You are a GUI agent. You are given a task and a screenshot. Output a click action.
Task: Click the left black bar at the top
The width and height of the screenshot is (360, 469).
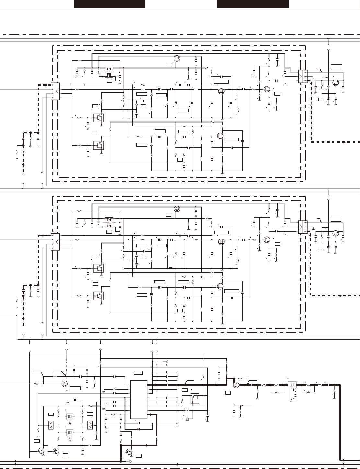(x=109, y=4)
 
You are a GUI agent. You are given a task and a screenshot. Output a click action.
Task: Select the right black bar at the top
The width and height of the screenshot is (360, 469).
(x=252, y=4)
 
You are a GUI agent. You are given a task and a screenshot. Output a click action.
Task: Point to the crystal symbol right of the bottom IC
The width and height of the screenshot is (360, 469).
(x=187, y=419)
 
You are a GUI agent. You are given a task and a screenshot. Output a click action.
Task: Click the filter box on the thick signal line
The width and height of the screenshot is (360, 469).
(x=292, y=385)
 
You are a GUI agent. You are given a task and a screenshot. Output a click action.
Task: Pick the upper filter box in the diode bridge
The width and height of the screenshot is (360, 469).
(x=70, y=417)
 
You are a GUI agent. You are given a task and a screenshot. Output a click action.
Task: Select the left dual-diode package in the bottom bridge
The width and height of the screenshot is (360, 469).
(x=51, y=425)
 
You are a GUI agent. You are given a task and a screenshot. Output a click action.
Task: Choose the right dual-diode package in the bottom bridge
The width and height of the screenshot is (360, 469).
(x=90, y=425)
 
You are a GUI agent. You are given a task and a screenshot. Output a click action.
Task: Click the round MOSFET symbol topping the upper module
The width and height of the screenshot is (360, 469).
(x=177, y=59)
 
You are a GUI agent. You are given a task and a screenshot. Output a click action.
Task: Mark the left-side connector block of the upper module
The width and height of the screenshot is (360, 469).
(x=55, y=91)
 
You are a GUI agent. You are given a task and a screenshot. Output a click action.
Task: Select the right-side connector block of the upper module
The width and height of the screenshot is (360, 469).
(x=303, y=77)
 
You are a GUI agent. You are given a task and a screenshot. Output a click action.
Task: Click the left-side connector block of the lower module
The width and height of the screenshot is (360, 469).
(x=55, y=242)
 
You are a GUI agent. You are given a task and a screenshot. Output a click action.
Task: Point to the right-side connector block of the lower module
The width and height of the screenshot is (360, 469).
(x=303, y=227)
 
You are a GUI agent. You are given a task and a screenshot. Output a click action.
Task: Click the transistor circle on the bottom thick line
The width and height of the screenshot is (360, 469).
(x=236, y=385)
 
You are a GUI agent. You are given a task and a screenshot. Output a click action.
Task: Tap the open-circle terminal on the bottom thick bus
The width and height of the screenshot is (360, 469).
(x=130, y=461)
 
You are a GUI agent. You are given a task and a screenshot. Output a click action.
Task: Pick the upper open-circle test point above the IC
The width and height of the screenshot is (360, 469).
(x=167, y=361)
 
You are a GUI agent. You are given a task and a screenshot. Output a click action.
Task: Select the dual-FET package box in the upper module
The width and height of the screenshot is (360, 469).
(x=109, y=72)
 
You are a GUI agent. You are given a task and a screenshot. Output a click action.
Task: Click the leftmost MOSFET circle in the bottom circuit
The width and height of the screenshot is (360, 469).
(x=41, y=451)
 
